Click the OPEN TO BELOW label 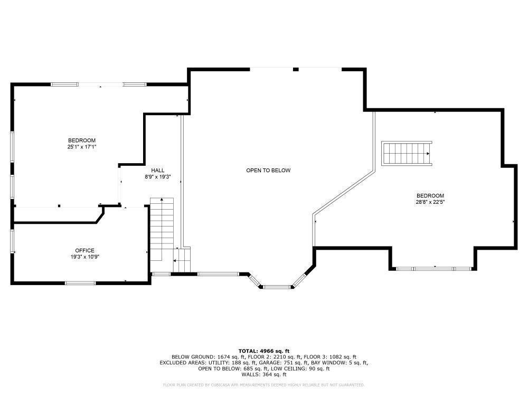(x=268, y=171)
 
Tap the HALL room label (x=158, y=171)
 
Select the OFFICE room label (x=84, y=250)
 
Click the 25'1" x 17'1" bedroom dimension (x=81, y=147)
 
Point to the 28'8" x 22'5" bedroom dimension (x=430, y=202)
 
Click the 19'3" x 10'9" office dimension (x=84, y=257)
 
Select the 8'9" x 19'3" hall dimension (x=158, y=177)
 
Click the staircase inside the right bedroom (x=407, y=153)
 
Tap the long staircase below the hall (x=162, y=232)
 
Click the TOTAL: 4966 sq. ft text (x=264, y=351)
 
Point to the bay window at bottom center (x=277, y=287)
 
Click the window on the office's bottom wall (x=80, y=283)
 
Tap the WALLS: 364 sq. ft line (x=264, y=374)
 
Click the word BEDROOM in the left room (x=81, y=140)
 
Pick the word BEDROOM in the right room (x=430, y=195)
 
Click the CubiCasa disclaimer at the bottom (x=264, y=385)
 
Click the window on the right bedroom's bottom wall (x=434, y=269)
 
